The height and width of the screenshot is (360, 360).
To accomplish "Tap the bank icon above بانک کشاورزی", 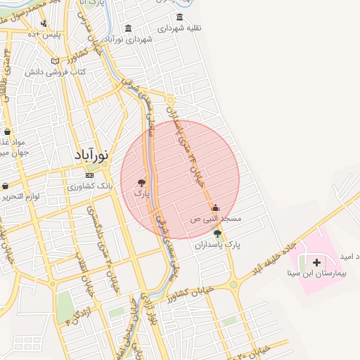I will click(89, 175).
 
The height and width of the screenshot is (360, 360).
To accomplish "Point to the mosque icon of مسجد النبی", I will click(215, 207).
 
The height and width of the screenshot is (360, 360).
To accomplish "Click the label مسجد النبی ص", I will click(216, 219).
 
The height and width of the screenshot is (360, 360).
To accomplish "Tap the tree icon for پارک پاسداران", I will click(217, 233).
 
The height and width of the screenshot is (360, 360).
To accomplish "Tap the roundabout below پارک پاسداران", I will click(233, 285).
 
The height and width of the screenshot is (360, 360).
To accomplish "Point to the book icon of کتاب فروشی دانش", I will click(55, 61).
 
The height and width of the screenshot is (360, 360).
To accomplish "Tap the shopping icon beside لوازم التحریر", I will click(6, 186).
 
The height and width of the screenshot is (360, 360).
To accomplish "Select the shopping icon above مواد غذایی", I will click(7, 131).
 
